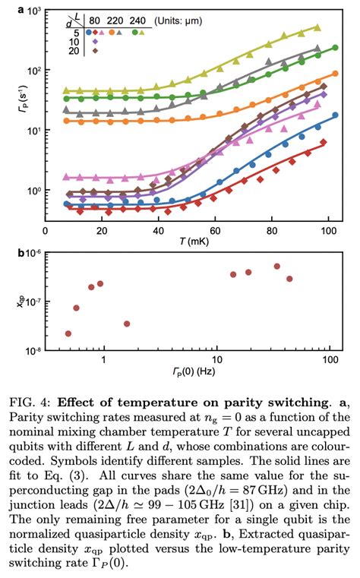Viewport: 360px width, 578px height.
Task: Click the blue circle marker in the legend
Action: click(x=88, y=33)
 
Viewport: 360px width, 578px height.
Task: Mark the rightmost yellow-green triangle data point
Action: click(x=317, y=27)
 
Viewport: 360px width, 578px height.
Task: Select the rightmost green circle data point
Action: click(x=335, y=48)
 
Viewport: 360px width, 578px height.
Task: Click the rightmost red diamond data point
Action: click(x=324, y=142)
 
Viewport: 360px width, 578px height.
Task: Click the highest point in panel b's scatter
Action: click(x=277, y=267)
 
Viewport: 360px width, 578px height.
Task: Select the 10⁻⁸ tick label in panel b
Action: click(x=30, y=350)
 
